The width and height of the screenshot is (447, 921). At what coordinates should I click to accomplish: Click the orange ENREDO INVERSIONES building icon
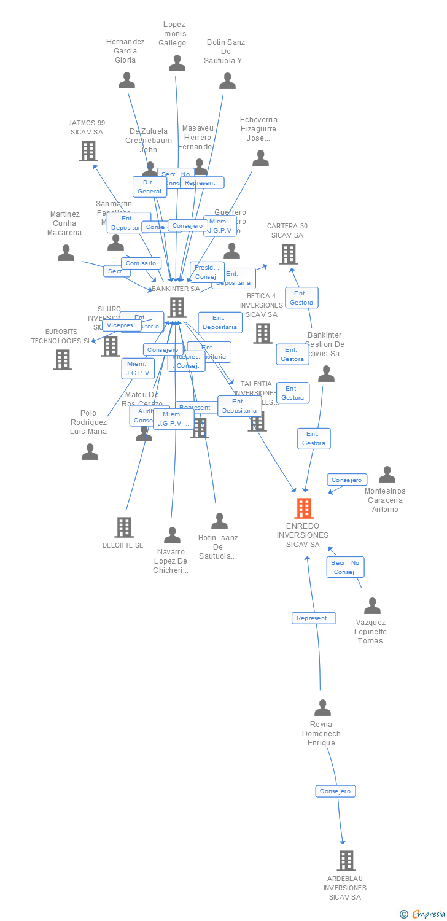pyautogui.click(x=304, y=508)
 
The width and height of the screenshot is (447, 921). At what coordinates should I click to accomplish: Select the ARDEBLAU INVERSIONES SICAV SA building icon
pyautogui.click(x=346, y=861)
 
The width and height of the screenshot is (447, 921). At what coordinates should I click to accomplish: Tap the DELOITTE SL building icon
pyautogui.click(x=124, y=527)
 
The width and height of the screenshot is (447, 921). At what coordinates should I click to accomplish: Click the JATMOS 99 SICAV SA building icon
pyautogui.click(x=88, y=151)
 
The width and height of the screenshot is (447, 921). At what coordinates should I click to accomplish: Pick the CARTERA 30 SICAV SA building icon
pyautogui.click(x=288, y=254)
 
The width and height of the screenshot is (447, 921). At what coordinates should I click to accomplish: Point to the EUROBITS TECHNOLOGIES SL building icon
pyautogui.click(x=63, y=360)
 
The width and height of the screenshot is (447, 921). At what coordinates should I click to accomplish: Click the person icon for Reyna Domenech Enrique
pyautogui.click(x=322, y=708)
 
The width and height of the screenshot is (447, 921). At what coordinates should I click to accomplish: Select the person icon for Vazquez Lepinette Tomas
pyautogui.click(x=372, y=606)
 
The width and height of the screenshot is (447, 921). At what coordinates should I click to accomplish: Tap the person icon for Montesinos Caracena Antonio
pyautogui.click(x=387, y=475)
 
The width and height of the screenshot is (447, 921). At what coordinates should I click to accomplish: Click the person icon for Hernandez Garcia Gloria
pyautogui.click(x=126, y=80)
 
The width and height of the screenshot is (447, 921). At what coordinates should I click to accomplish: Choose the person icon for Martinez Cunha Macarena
pyautogui.click(x=66, y=253)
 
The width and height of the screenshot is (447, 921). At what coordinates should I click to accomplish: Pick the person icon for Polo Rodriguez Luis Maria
pyautogui.click(x=90, y=452)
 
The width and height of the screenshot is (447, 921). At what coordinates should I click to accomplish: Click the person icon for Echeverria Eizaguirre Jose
pyautogui.click(x=260, y=158)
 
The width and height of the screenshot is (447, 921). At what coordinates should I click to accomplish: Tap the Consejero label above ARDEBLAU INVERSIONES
pyautogui.click(x=336, y=791)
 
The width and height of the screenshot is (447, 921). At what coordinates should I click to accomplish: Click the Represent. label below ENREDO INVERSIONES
pyautogui.click(x=314, y=618)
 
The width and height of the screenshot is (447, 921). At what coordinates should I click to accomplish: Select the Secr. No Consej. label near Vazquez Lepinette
pyautogui.click(x=345, y=567)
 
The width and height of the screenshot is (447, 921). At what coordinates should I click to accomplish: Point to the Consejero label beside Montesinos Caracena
pyautogui.click(x=347, y=480)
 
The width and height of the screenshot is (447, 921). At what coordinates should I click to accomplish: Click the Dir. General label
pyautogui.click(x=150, y=187)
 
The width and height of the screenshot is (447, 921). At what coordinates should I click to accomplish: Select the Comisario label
pyautogui.click(x=141, y=263)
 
